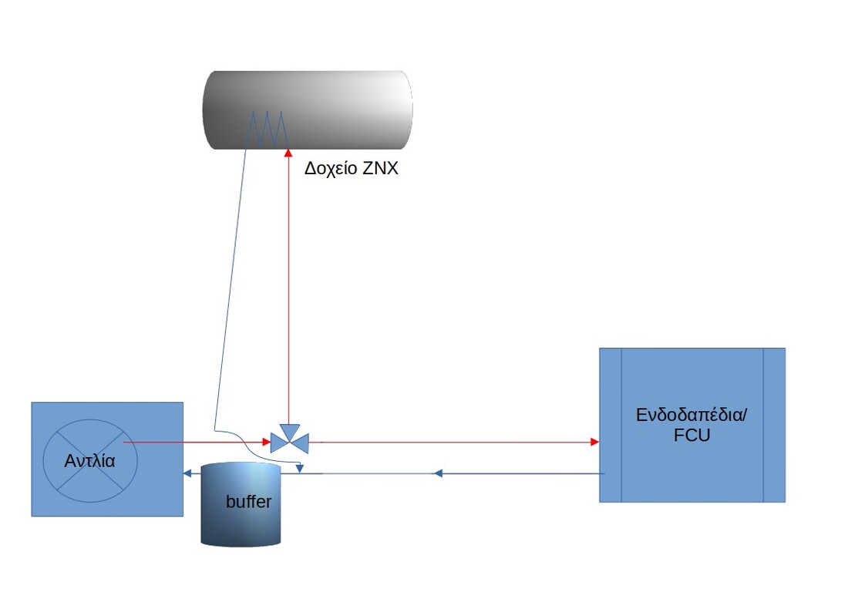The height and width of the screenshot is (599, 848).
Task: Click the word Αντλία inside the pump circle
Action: (x=90, y=462)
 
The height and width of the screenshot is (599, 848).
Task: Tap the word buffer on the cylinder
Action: (x=248, y=503)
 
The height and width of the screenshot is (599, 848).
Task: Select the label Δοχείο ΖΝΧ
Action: (x=351, y=168)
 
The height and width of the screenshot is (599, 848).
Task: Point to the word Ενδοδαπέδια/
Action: (x=692, y=415)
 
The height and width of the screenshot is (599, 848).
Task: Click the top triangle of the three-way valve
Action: (x=290, y=429)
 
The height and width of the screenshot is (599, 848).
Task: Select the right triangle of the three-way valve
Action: (x=301, y=443)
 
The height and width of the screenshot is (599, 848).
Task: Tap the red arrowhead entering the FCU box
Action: (x=594, y=442)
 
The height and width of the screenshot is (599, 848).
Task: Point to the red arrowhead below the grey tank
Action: (x=287, y=150)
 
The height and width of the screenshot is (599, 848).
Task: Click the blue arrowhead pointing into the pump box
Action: (x=187, y=473)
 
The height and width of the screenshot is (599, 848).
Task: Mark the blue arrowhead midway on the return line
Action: (x=437, y=473)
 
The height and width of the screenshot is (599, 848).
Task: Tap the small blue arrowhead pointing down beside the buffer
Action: (x=301, y=467)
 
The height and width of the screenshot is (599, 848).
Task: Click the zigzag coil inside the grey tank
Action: (x=267, y=128)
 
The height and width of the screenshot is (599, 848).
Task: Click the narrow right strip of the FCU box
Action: (x=774, y=425)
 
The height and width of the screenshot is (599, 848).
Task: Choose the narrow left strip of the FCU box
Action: (x=611, y=425)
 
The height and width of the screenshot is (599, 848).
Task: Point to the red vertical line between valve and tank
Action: (x=288, y=293)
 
